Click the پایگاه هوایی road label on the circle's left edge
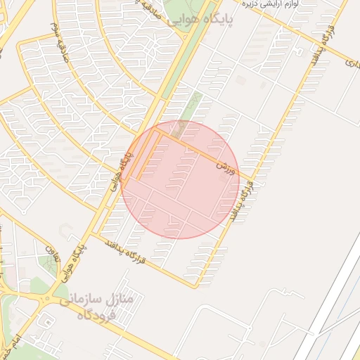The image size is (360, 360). tap(121, 172)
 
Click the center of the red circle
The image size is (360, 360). tap(180, 179)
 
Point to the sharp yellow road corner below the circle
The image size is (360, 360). tap(196, 286)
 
